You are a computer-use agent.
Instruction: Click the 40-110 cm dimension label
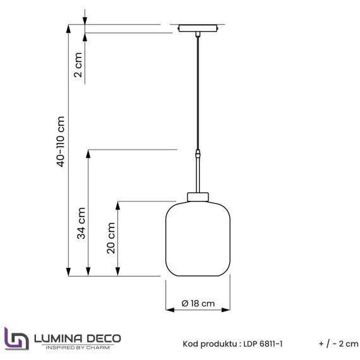click(61, 141)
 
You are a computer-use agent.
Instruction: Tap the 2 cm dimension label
click(78, 64)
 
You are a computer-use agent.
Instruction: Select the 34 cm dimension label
click(81, 224)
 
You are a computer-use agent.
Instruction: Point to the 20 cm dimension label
click(111, 238)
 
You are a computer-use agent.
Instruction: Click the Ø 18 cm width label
click(198, 303)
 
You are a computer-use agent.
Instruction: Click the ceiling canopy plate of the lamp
click(198, 28)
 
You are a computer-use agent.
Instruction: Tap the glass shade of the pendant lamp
click(198, 239)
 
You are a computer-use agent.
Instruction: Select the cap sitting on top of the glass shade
click(198, 196)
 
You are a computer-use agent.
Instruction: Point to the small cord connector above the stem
click(198, 153)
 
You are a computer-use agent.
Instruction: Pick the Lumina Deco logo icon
click(16, 338)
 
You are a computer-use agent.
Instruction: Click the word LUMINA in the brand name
click(56, 338)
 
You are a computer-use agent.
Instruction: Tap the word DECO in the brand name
click(100, 338)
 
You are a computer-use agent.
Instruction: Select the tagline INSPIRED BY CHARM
click(76, 347)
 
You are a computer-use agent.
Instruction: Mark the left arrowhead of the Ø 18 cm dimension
click(168, 310)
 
